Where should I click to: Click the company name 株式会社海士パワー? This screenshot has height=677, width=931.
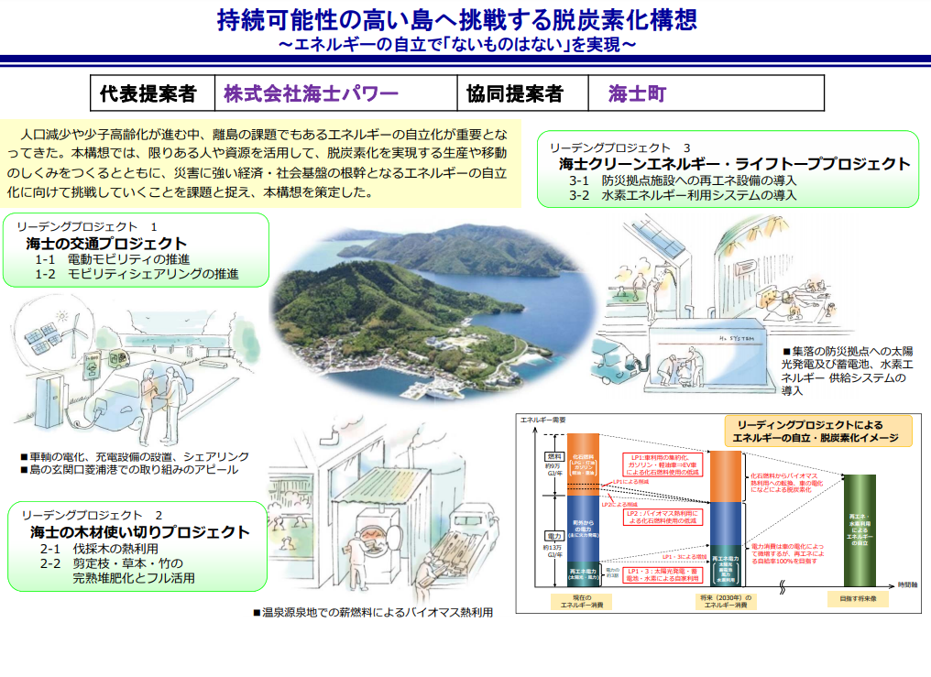point(312,94)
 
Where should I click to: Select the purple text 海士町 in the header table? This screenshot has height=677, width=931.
point(637,94)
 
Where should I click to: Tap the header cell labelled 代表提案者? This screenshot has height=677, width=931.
point(148,94)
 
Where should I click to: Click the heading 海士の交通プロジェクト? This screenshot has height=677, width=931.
point(107,244)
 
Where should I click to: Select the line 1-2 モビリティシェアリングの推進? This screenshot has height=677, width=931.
point(137,274)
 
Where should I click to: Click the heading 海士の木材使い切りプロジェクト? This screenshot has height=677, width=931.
point(138,531)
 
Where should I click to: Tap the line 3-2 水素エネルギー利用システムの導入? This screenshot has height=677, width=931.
point(682,195)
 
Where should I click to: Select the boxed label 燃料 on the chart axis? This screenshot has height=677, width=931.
point(553,455)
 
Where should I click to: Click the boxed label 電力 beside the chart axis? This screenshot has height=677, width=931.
point(553,534)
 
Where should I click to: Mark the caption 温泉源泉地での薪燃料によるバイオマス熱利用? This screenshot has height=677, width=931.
point(373,612)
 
